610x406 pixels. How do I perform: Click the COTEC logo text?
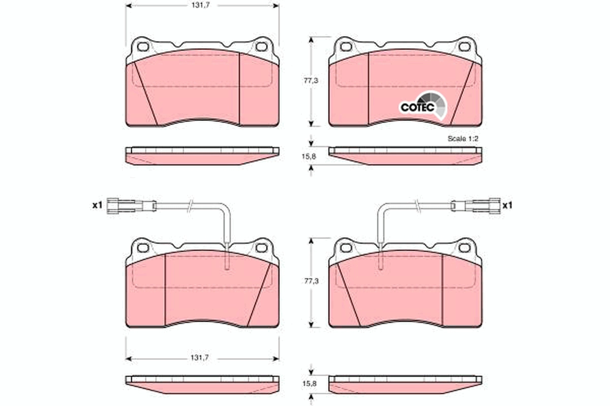tap(417, 108)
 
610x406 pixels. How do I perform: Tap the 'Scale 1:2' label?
tap(463, 139)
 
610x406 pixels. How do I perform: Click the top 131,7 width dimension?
tap(201, 6)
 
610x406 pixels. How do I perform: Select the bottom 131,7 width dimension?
tap(200, 358)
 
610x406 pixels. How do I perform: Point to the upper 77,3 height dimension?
tap(311, 81)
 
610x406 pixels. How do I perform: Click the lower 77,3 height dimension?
tap(311, 281)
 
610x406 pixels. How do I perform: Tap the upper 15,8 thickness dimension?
tap(309, 157)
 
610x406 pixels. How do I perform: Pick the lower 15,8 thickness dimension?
tap(310, 384)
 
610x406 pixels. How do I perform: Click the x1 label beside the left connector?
tap(97, 206)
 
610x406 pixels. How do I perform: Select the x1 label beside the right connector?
tap(507, 206)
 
